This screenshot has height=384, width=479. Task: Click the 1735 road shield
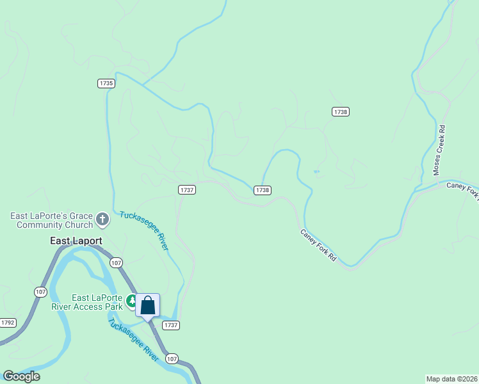[106, 83]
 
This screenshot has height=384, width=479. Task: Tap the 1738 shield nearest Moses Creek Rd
[340, 111]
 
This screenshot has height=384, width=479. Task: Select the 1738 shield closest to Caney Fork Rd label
[262, 190]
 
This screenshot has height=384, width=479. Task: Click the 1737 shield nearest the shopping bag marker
[171, 325]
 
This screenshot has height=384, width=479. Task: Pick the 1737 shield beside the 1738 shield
[187, 189]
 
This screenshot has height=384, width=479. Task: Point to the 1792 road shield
[8, 323]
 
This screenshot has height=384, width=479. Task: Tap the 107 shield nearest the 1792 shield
[40, 292]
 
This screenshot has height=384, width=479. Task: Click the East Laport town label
[76, 241]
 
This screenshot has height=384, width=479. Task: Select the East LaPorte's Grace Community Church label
[51, 220]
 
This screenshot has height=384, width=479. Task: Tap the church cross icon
[102, 220]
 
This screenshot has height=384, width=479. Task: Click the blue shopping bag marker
[147, 305]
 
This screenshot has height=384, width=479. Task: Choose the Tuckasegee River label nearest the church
[144, 230]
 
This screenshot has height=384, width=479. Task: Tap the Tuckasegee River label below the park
[133, 340]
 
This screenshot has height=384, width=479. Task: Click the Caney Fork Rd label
[318, 245]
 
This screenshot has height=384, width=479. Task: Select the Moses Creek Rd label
[439, 150]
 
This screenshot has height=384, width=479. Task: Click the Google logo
[21, 376]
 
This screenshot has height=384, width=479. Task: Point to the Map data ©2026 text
[452, 379]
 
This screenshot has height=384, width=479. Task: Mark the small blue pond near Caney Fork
[316, 172]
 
